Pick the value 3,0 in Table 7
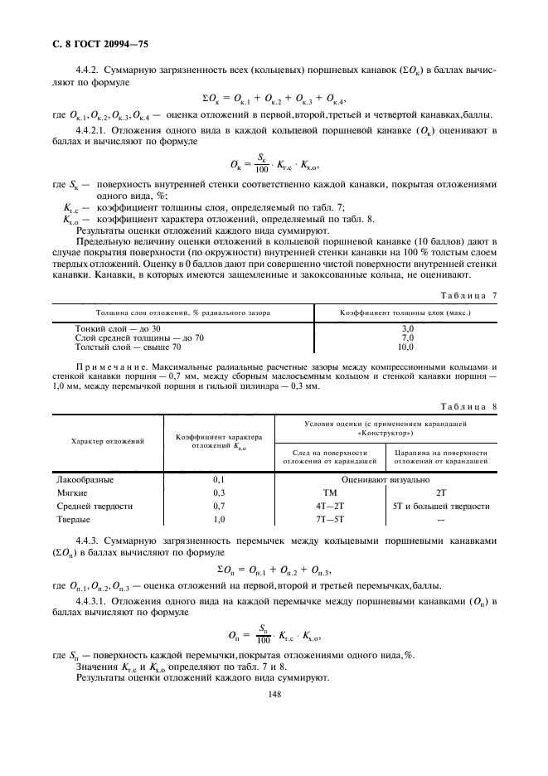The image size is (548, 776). pos(407,329)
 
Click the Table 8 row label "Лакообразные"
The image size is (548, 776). pos(84,479)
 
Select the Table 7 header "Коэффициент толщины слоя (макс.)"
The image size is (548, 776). pos(406,312)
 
